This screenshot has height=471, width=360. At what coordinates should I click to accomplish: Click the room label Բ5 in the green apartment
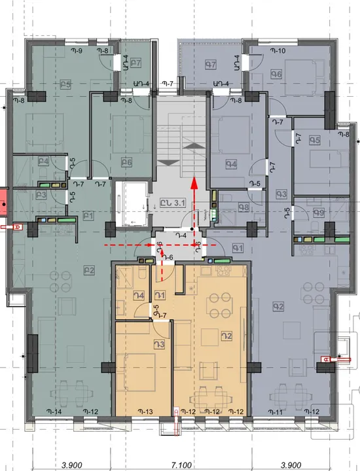65,84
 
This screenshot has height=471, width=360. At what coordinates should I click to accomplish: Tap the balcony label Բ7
136,63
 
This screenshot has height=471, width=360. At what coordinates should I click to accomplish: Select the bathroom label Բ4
43,161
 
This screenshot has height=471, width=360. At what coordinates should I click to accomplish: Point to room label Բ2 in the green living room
90,269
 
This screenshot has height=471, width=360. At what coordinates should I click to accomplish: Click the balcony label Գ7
210,64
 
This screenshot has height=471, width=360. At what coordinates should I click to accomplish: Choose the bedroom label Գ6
276,75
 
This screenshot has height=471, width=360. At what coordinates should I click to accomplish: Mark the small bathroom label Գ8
243,208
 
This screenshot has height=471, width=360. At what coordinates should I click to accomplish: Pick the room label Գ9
318,213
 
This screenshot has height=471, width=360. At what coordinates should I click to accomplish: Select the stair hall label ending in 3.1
175,203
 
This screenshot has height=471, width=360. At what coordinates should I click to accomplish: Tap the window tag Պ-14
54,411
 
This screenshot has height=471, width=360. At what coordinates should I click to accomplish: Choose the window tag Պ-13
145,411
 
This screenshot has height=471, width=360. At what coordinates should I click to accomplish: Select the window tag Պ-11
277,411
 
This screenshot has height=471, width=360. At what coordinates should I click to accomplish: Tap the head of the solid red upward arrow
194,181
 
